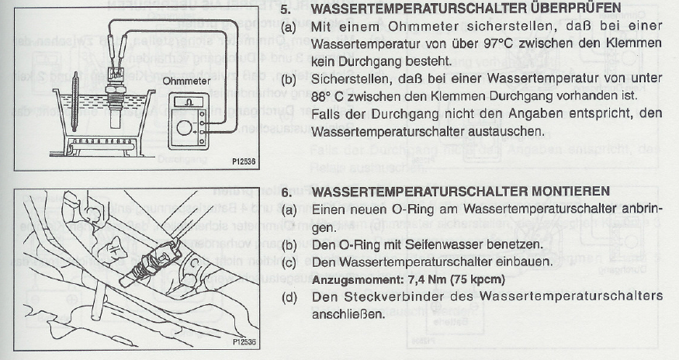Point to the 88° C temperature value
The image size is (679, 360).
click(328, 95)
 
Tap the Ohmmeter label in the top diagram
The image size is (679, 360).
click(186, 81)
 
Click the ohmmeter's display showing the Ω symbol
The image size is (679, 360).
click(189, 102)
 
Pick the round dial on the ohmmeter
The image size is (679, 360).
click(185, 128)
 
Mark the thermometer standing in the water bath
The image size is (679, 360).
click(75, 102)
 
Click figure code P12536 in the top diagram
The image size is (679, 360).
click(244, 162)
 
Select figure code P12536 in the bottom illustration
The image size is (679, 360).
click(244, 342)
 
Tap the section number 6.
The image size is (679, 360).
click(286, 192)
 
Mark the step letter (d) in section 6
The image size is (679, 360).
click(289, 297)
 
